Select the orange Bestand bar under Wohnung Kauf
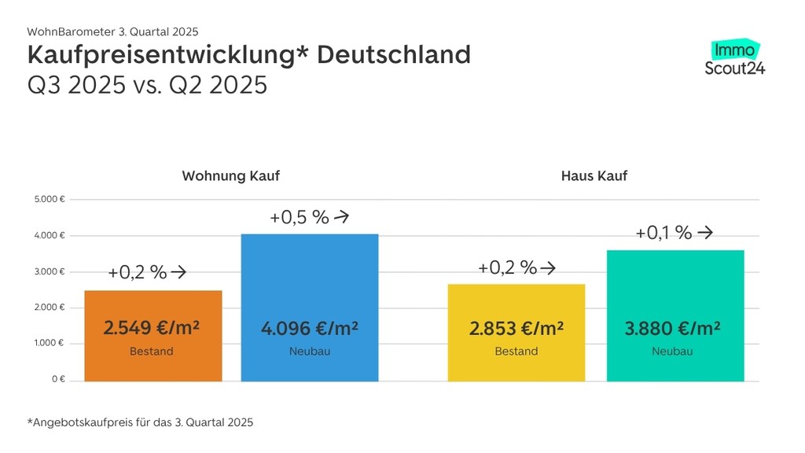tap(153, 336)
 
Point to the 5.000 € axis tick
tap(50, 200)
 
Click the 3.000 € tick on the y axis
tap(50, 271)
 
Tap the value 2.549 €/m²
tap(152, 327)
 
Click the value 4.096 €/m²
tap(309, 327)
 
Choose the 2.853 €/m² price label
tap(516, 327)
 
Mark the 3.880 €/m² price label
tap(673, 327)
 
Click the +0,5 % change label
tap(299, 218)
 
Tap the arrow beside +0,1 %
tap(705, 233)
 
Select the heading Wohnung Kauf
tap(230, 175)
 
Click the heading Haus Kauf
tap(594, 175)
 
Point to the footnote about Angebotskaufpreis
tap(141, 422)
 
